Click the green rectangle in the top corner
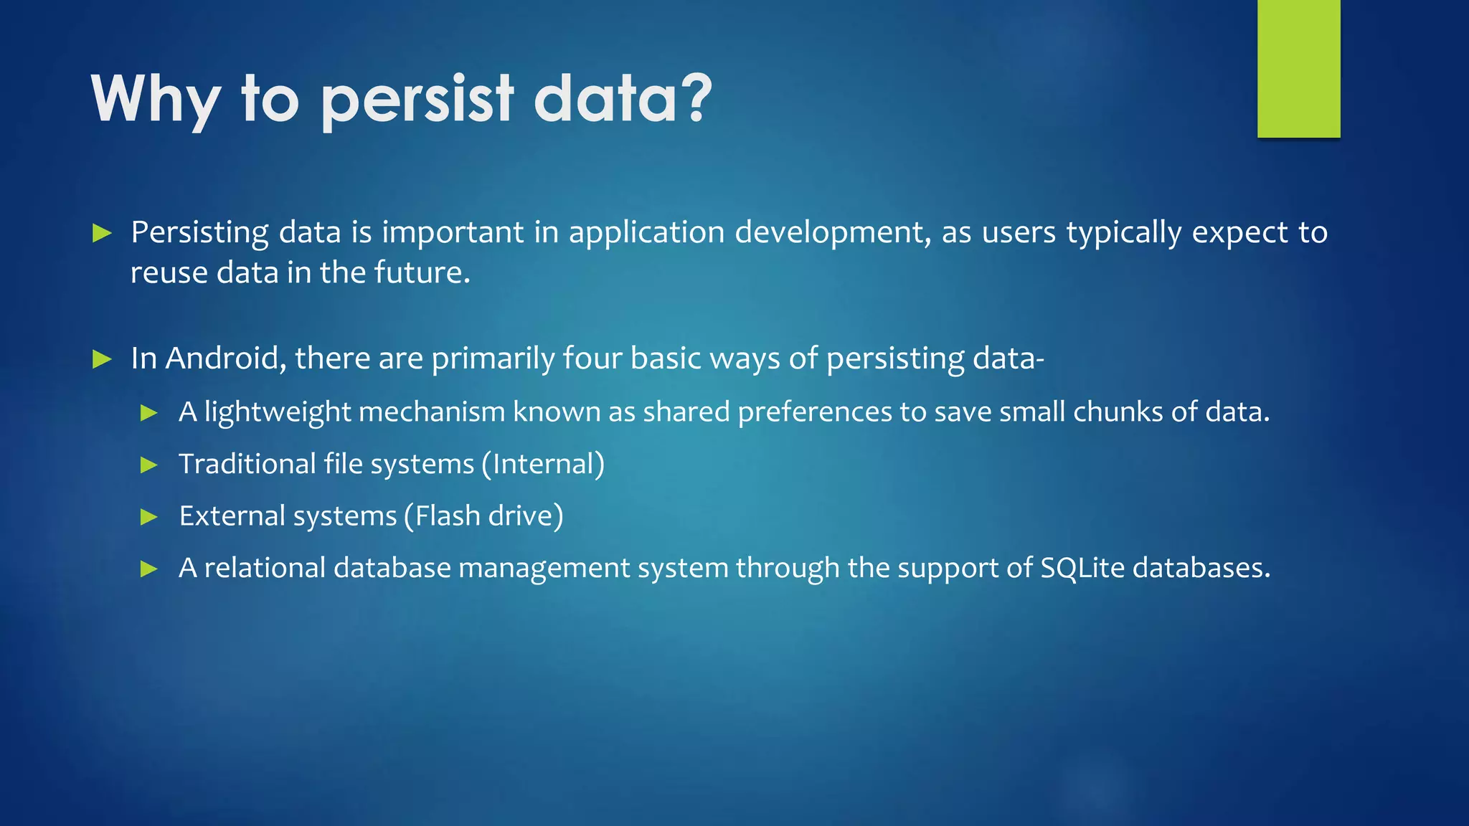click(1298, 68)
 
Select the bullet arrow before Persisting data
click(103, 233)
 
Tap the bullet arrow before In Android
click(103, 359)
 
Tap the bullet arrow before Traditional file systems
click(149, 465)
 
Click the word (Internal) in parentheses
click(543, 465)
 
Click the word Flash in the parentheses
click(446, 516)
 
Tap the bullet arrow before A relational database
click(149, 569)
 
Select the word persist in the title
click(417, 100)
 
